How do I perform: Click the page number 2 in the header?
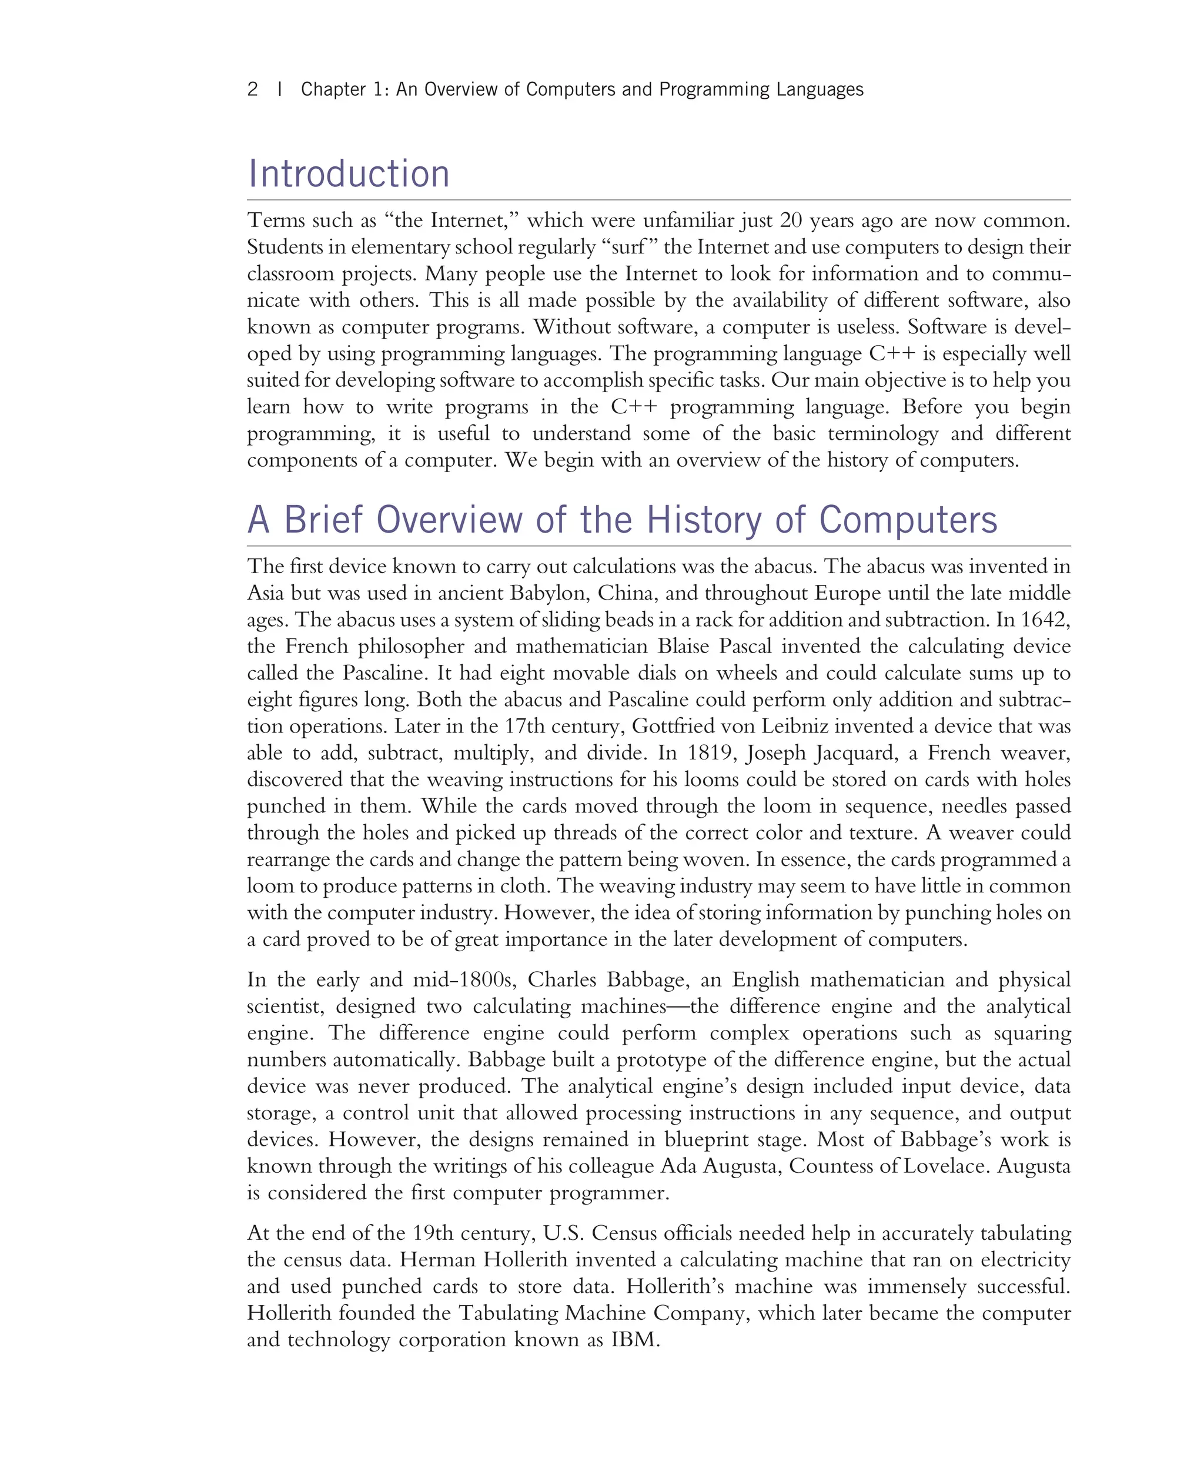[x=252, y=89]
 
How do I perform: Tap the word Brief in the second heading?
[x=323, y=520]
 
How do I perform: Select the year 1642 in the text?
[x=1045, y=620]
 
